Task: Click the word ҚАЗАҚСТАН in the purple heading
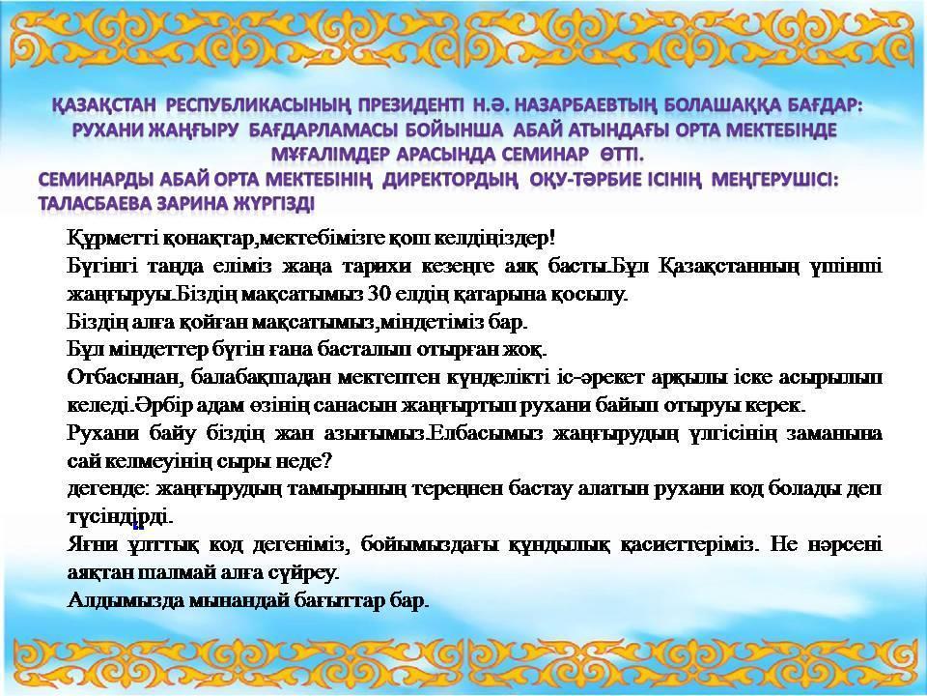104,105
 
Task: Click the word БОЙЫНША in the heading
459,130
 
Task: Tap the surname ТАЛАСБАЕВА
93,204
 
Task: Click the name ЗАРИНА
185,204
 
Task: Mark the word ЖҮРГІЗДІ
269,204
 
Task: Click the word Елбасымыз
483,433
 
